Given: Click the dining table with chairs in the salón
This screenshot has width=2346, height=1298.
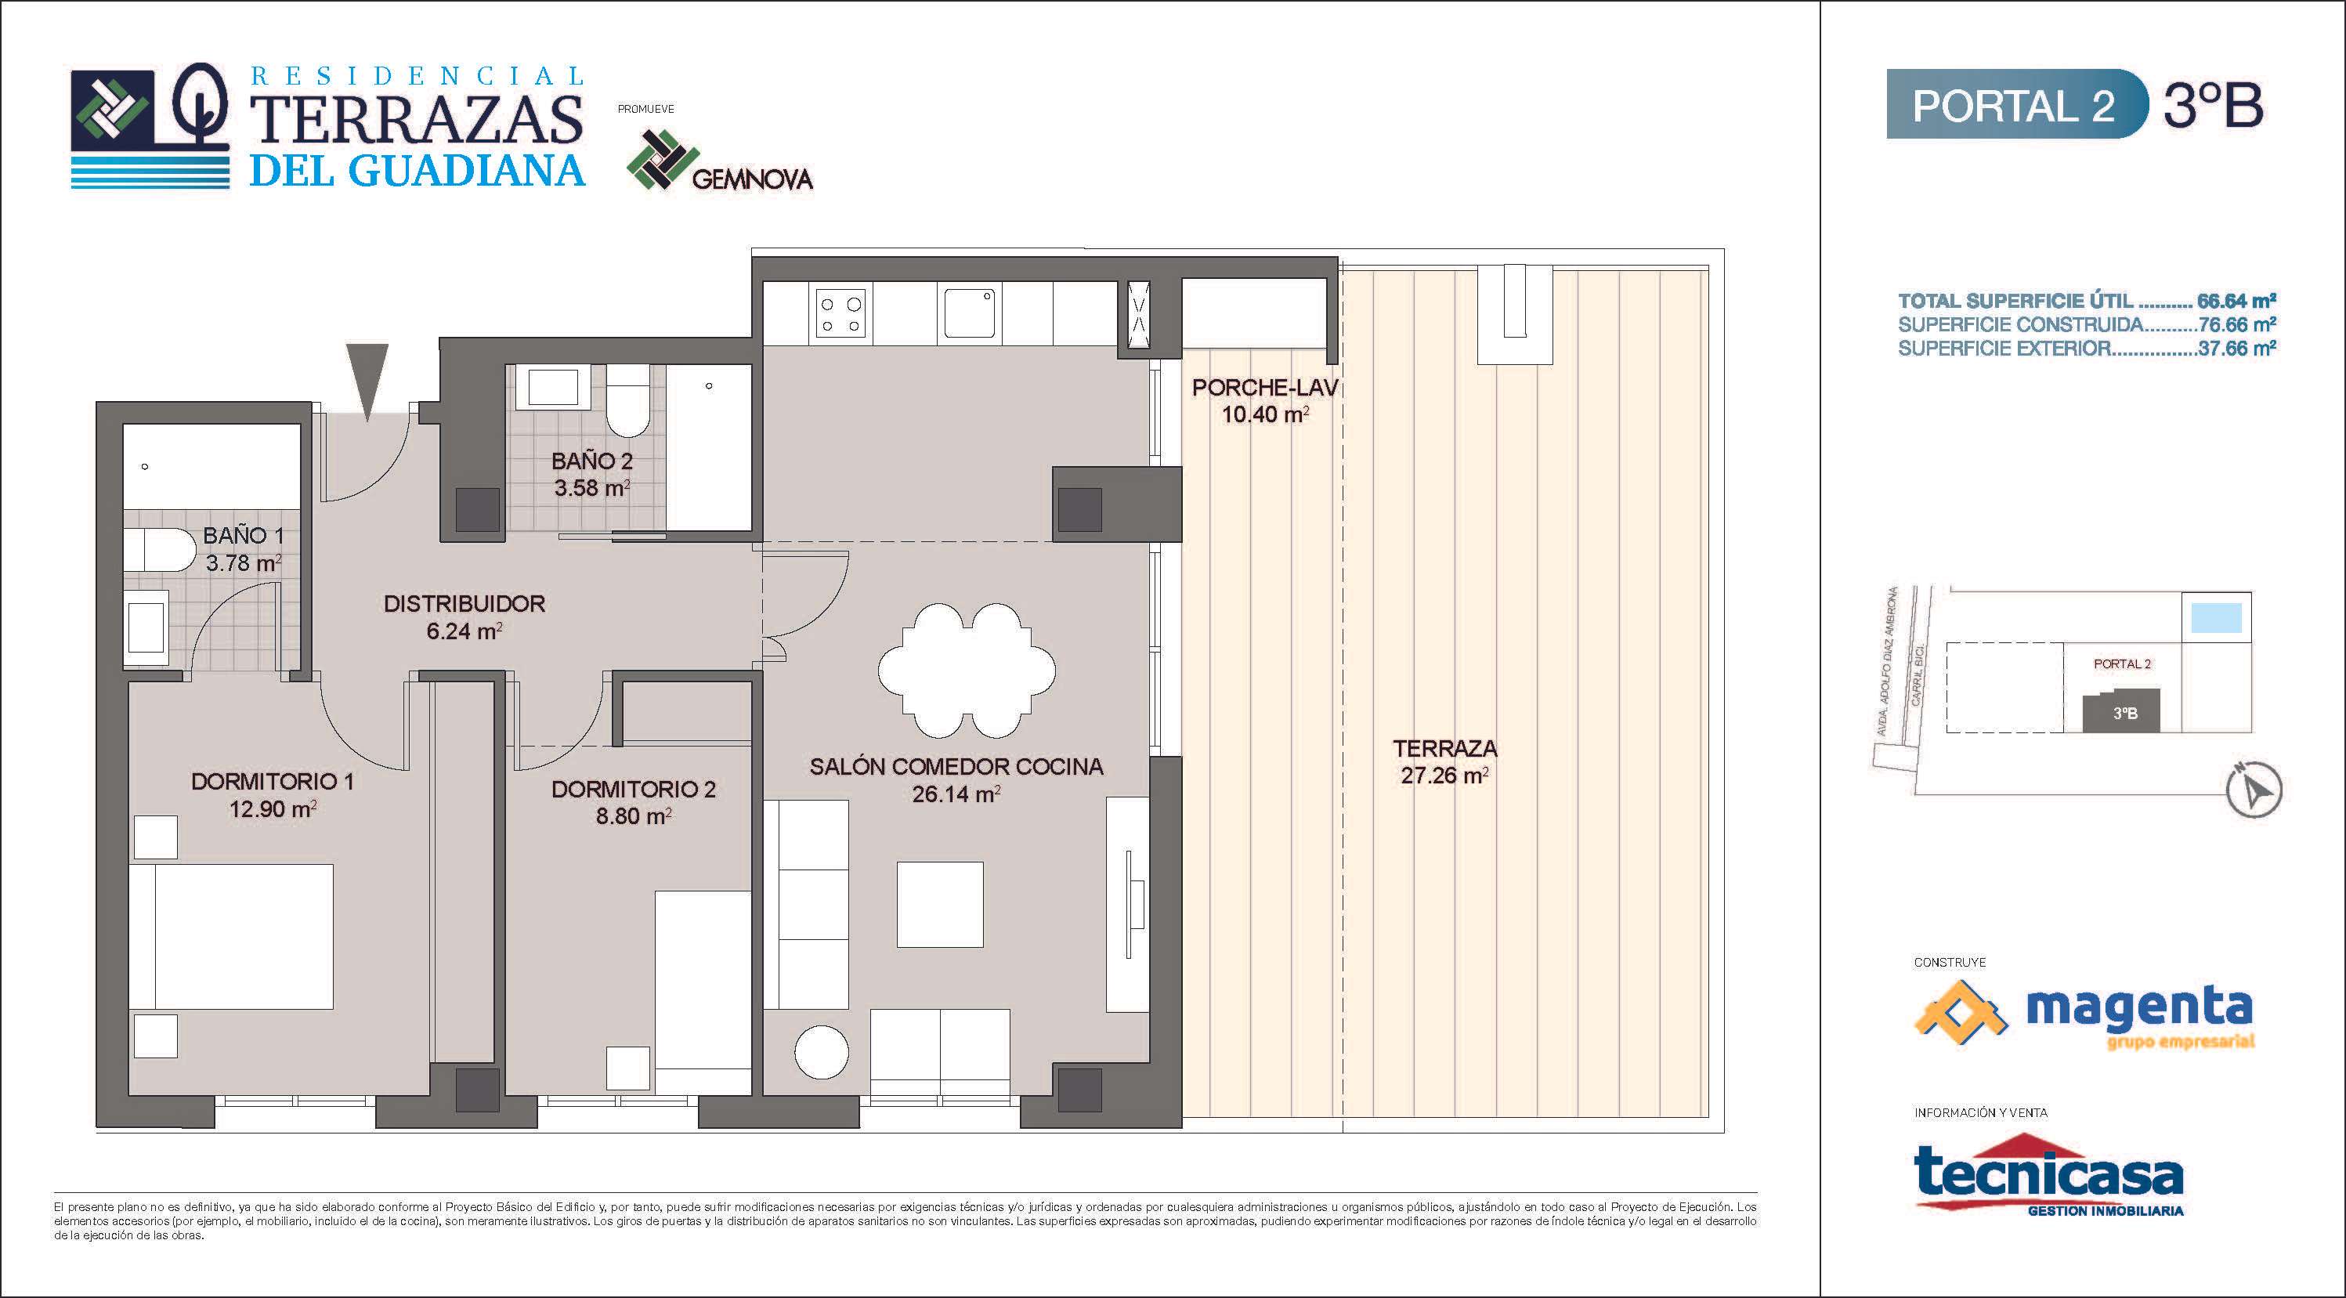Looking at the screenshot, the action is (967, 670).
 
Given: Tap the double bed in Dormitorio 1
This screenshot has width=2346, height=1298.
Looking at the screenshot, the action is (230, 936).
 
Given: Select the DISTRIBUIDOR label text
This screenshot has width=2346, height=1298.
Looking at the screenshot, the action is (465, 603).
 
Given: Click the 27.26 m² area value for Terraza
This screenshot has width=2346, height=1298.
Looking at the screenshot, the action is (1444, 776).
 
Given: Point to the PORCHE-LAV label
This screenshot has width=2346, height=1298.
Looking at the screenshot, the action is (1265, 388).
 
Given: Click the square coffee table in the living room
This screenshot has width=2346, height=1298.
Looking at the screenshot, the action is (940, 905).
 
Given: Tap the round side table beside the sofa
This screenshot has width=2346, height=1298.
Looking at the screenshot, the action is (822, 1051).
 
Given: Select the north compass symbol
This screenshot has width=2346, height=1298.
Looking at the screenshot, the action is (2254, 790).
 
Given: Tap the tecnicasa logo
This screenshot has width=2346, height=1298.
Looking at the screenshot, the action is (2049, 1174).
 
